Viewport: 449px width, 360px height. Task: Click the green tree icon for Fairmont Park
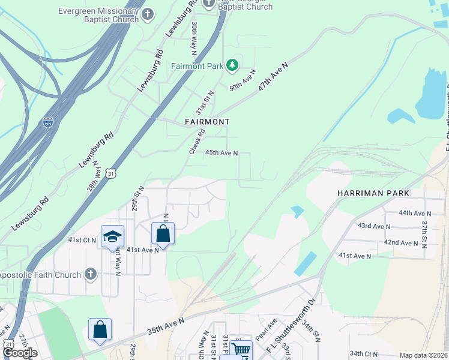(x=232, y=65)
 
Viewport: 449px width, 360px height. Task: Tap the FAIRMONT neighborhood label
(x=207, y=122)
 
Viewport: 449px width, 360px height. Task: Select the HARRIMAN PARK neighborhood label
(x=373, y=193)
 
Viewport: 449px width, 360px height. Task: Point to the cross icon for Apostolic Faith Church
(x=90, y=275)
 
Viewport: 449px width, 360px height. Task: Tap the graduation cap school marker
(x=112, y=237)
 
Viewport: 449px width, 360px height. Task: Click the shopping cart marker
(x=241, y=350)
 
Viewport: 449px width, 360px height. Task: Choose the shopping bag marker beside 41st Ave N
(x=163, y=233)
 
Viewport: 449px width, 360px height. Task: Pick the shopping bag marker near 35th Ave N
(x=100, y=329)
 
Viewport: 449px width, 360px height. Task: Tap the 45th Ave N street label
(x=222, y=153)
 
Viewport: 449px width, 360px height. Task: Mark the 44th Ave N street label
(x=415, y=213)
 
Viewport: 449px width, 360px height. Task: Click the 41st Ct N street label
(x=82, y=239)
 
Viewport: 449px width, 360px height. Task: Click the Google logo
(x=20, y=353)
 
